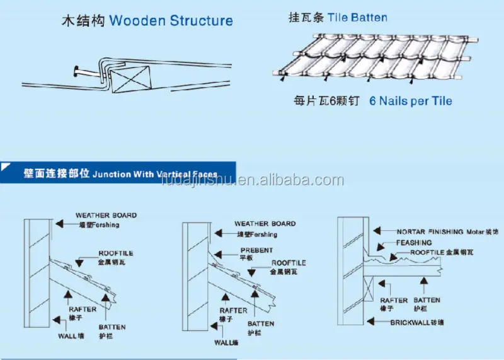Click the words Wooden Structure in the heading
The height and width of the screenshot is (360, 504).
click(171, 21)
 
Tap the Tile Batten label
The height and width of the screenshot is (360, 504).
click(357, 18)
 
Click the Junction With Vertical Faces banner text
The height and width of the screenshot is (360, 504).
click(154, 175)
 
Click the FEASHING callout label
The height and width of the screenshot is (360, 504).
click(414, 242)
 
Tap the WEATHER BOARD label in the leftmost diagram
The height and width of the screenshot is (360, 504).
click(106, 216)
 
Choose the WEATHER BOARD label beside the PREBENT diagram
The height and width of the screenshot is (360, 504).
click(265, 224)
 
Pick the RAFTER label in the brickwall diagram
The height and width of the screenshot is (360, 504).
click(394, 301)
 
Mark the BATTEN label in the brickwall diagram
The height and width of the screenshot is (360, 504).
click(427, 301)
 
